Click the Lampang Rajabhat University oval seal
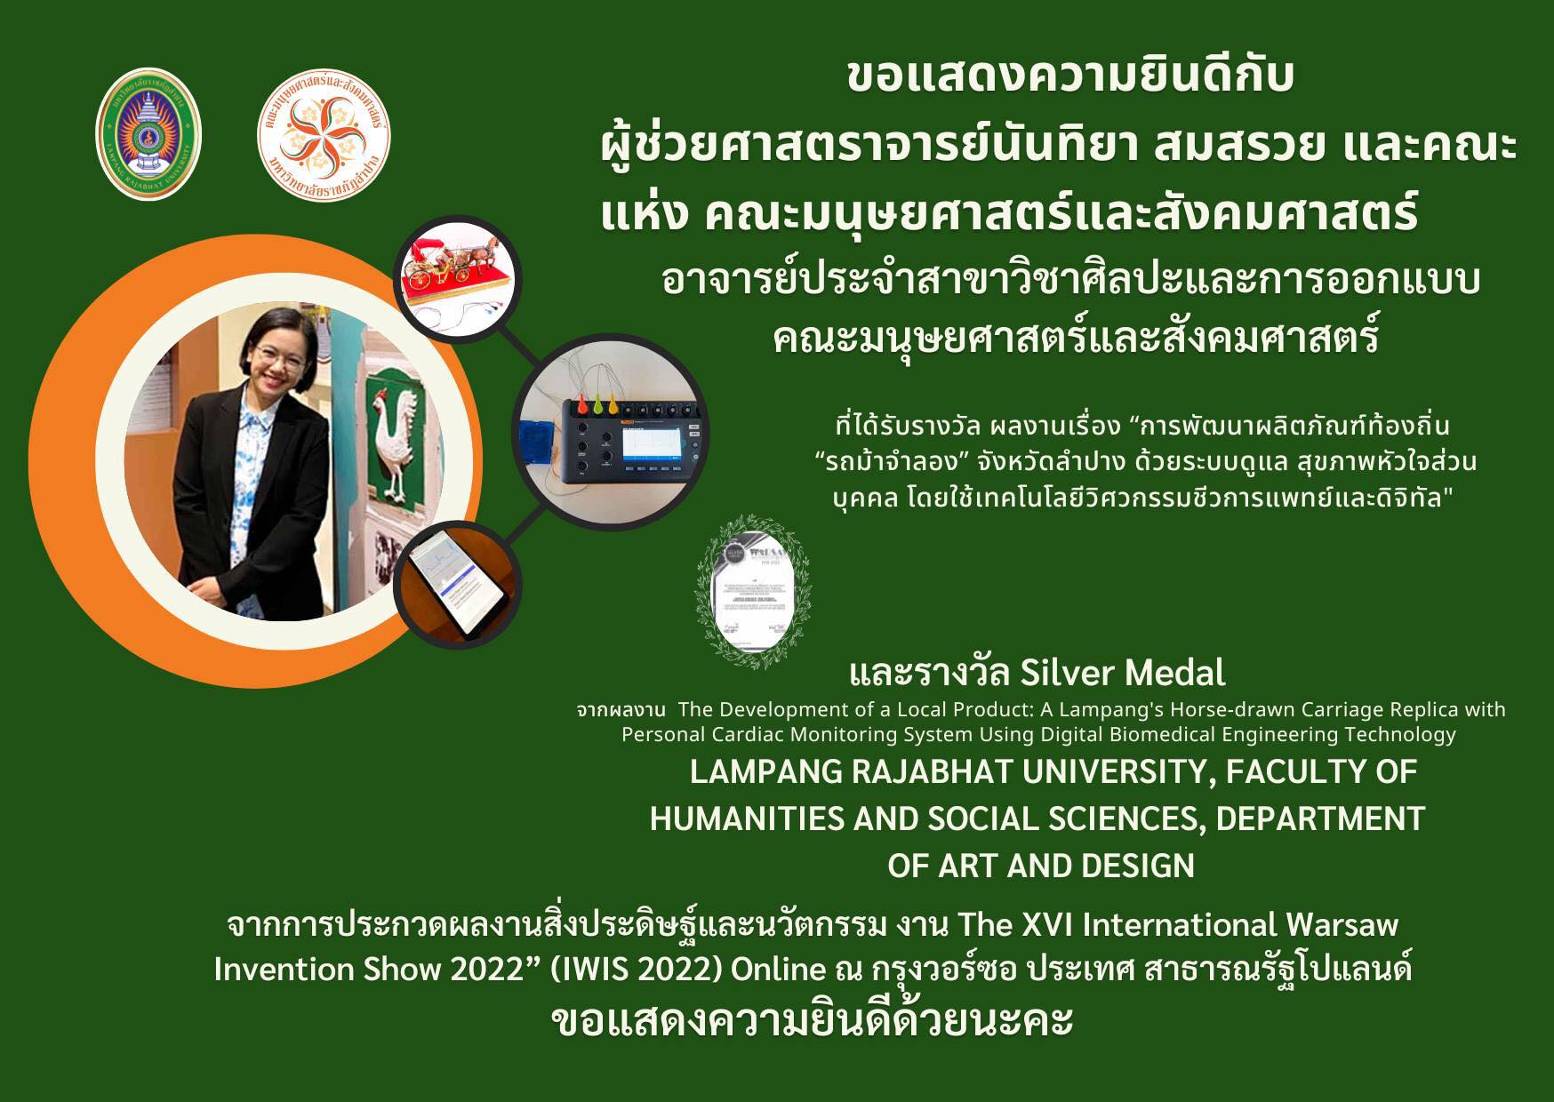(x=148, y=133)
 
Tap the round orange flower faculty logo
(x=324, y=135)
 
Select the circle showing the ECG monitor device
(x=611, y=434)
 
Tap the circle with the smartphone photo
(x=458, y=586)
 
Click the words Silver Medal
(x=1123, y=673)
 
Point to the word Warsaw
(x=1342, y=925)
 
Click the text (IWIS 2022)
(x=636, y=969)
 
